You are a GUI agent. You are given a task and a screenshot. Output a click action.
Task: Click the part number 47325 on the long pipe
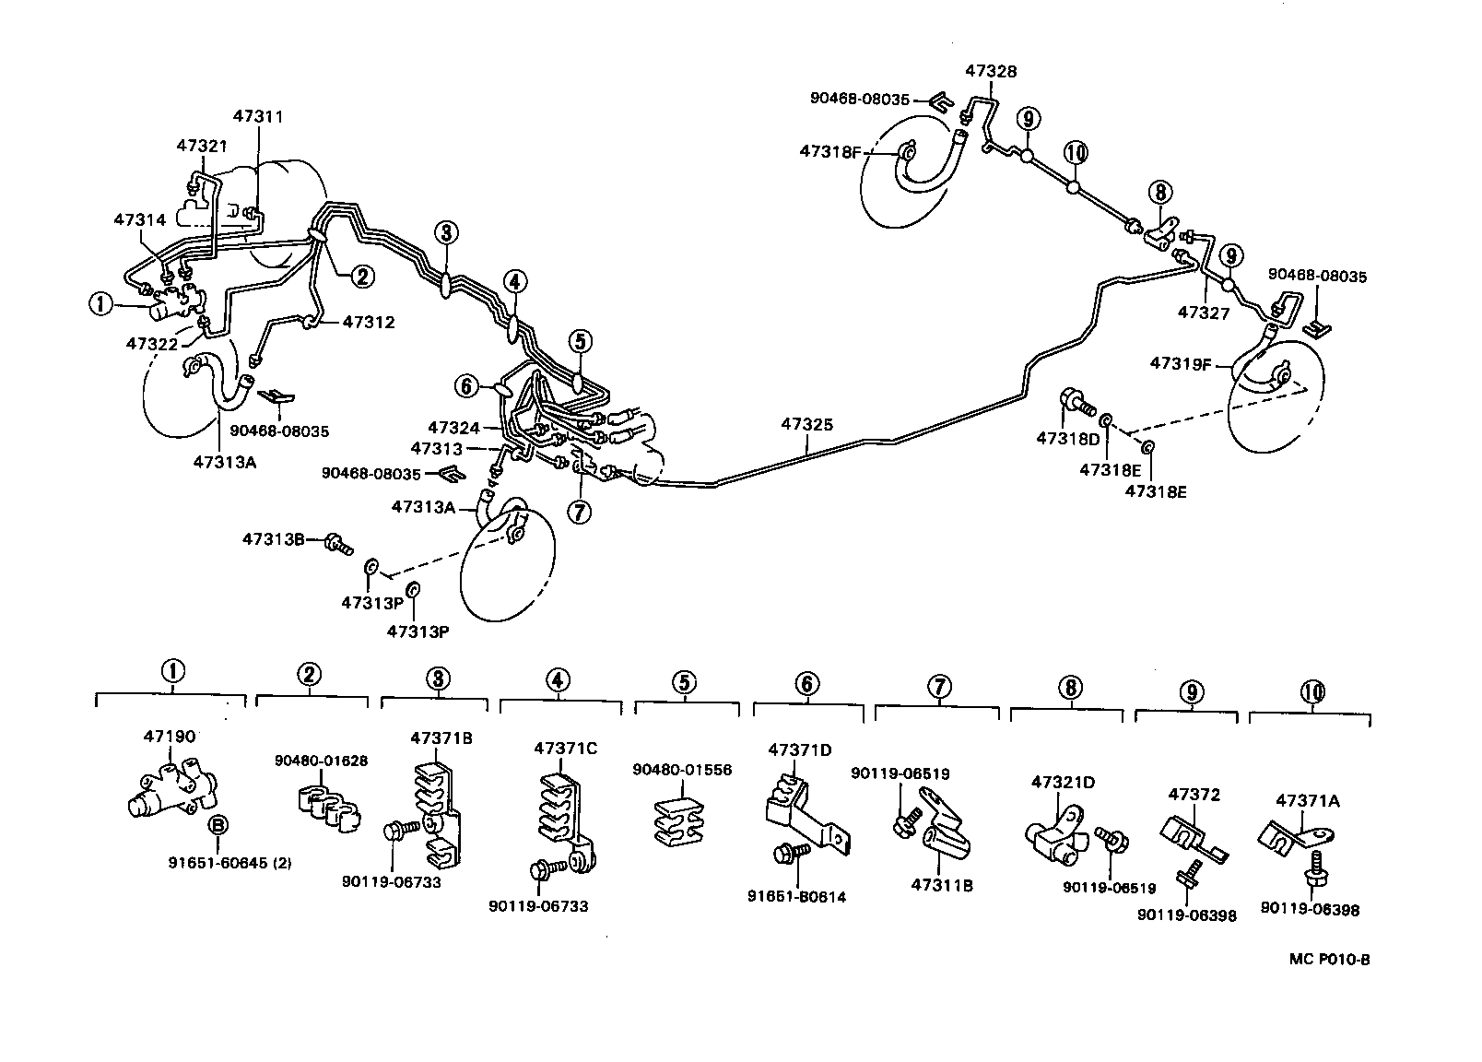tap(807, 425)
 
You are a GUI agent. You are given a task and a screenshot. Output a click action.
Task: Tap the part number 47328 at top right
tap(991, 71)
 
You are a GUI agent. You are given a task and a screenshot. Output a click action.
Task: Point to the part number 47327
tap(1204, 313)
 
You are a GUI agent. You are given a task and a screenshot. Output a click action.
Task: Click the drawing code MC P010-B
tap(1330, 959)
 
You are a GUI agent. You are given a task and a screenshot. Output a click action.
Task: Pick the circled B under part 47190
tap(218, 825)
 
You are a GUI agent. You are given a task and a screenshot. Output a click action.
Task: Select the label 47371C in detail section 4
tap(565, 748)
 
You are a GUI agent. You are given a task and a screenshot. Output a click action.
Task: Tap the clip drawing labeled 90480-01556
tap(681, 819)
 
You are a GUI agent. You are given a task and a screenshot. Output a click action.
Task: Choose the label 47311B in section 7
tap(942, 886)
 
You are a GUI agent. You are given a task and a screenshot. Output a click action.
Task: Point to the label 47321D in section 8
tap(1063, 783)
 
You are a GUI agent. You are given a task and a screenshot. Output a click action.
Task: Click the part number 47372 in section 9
tap(1194, 794)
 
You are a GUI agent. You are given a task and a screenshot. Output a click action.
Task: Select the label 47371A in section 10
tap(1308, 801)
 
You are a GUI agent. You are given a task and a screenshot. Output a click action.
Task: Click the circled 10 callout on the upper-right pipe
tap(1076, 152)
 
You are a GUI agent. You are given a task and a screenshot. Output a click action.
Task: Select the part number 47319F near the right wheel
tap(1180, 363)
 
